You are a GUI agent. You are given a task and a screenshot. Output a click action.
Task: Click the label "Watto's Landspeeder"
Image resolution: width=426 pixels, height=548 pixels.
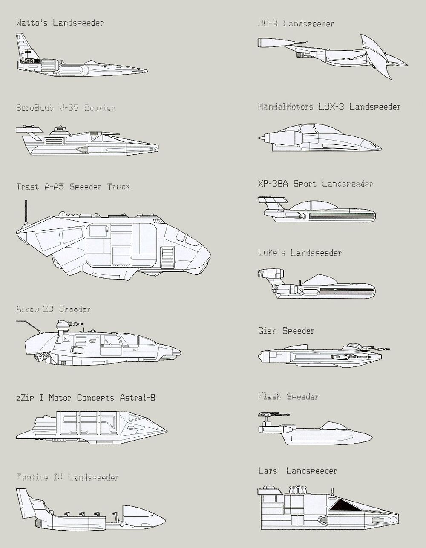click(60, 23)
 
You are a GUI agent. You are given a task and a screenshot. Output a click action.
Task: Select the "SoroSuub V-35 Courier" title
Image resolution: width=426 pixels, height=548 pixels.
click(65, 108)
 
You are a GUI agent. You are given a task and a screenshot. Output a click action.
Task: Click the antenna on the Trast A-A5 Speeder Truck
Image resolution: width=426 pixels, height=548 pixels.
click(26, 212)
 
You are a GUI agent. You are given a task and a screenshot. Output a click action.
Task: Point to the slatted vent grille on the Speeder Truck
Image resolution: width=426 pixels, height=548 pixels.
click(167, 257)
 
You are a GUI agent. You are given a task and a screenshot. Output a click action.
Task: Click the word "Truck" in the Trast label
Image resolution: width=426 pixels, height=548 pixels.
click(118, 187)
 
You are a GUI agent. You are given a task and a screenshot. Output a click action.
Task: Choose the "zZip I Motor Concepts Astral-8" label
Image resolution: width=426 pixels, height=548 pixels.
click(86, 398)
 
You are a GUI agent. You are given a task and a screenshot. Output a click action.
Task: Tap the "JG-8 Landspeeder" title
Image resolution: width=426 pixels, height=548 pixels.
click(296, 24)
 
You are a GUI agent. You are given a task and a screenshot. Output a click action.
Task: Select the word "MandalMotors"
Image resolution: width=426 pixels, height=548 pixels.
click(285, 107)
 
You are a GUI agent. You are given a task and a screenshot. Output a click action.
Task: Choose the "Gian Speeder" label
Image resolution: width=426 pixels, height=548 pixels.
click(286, 331)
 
